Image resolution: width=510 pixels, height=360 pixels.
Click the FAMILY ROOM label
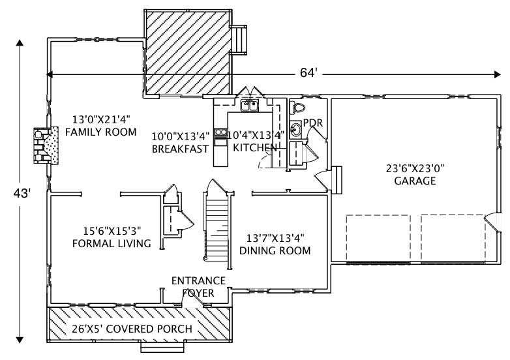click(x=101, y=132)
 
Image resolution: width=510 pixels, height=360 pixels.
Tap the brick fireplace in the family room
click(x=44, y=147)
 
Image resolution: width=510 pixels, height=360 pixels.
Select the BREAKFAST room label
click(x=180, y=149)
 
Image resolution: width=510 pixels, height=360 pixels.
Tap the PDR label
click(x=313, y=123)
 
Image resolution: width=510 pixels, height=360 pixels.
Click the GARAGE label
click(x=415, y=181)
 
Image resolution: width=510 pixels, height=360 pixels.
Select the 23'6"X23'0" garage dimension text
click(x=415, y=168)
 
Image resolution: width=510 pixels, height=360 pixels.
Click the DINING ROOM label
click(x=275, y=250)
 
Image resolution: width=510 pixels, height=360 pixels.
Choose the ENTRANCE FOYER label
click(x=198, y=287)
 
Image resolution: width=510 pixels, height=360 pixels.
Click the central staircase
click(x=216, y=225)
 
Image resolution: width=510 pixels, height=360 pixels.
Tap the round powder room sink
click(x=296, y=129)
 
